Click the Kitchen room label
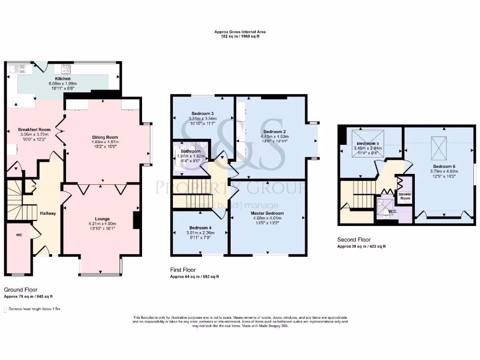pos(62,78)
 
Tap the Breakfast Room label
pos(34,129)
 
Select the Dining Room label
pos(105,137)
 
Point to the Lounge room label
pos(102,218)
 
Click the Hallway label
pos(48,213)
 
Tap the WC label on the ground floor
pos(19,235)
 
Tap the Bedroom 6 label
pos(444,166)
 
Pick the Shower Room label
pos(405,195)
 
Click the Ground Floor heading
pos(21,290)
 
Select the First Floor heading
pos(183,270)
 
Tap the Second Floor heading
pos(354,240)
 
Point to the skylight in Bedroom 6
pos(438,146)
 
